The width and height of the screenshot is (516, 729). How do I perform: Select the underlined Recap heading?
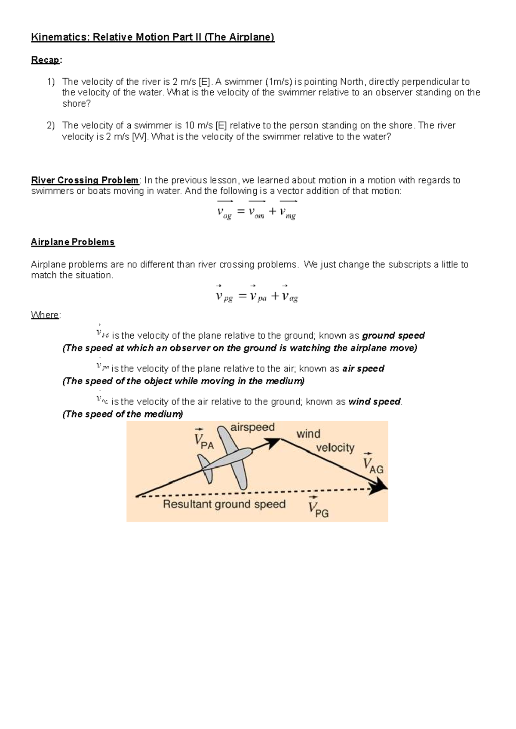point(45,60)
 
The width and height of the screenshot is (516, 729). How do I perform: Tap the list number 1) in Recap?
point(51,82)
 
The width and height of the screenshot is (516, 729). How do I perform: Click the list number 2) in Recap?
point(51,126)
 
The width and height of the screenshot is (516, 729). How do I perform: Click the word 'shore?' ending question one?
point(77,104)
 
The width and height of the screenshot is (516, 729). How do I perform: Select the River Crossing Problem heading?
point(85,180)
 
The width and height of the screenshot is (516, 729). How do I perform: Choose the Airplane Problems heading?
point(73,242)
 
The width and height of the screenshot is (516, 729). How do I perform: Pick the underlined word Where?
point(45,315)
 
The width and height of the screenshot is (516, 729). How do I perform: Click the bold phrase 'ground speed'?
point(393,336)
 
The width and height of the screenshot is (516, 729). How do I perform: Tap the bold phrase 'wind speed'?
point(374,402)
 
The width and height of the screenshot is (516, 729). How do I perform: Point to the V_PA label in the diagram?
point(203,440)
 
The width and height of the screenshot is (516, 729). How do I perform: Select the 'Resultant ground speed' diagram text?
point(224,504)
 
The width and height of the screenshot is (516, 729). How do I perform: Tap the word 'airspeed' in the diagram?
point(252,427)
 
